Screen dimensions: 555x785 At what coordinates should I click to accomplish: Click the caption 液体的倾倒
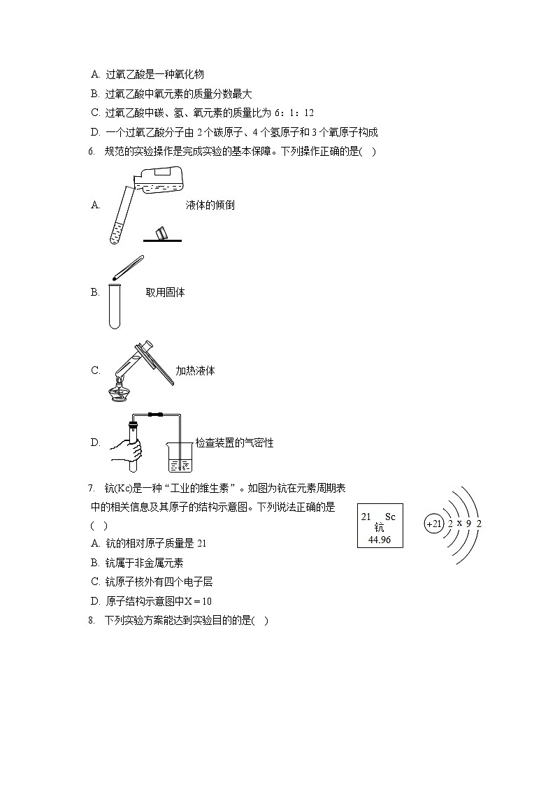[210, 206]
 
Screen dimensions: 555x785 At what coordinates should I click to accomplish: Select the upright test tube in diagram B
[115, 305]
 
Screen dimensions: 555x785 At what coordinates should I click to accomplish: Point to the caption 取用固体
[165, 293]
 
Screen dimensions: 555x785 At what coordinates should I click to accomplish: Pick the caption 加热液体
[195, 371]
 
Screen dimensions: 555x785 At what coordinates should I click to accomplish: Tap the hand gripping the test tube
[127, 454]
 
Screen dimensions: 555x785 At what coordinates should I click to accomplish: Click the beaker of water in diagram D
[180, 457]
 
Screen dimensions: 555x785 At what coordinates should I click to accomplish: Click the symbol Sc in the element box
[390, 517]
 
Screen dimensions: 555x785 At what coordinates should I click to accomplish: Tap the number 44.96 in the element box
[379, 540]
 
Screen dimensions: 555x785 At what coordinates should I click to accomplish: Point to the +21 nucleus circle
[434, 524]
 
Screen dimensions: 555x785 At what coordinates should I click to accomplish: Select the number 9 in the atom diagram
[468, 524]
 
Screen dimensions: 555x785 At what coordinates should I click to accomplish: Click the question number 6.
[92, 152]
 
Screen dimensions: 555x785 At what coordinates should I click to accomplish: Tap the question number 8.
[92, 620]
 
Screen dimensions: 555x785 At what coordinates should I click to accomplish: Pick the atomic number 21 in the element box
[366, 517]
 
